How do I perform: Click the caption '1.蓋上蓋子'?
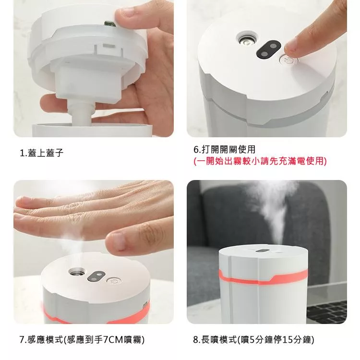42,153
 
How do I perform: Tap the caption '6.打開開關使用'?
224,149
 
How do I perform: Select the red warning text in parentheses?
260,161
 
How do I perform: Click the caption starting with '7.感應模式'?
82,339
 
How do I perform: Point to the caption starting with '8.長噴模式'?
253,339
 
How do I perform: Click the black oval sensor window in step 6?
268,49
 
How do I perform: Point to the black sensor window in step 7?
96,276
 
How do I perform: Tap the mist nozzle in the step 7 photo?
77,273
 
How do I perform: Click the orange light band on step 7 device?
96,314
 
